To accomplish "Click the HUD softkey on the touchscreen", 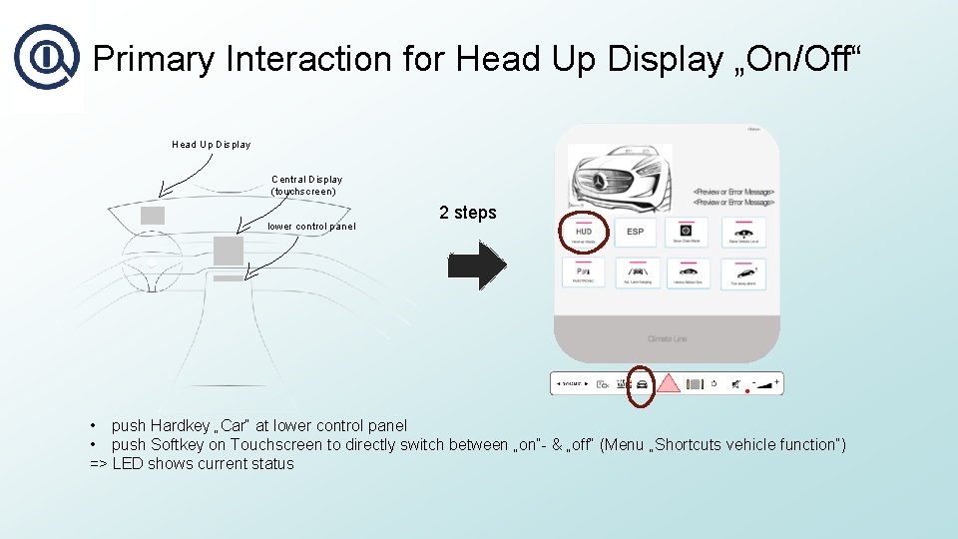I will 583,235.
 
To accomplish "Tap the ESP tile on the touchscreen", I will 635,235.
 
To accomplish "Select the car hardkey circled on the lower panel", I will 642,384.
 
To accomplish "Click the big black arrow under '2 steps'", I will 477,267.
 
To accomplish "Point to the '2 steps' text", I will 467,213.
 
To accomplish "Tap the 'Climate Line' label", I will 667,339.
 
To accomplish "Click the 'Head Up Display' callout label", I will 212,145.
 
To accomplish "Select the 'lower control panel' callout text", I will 311,227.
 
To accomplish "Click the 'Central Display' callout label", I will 306,185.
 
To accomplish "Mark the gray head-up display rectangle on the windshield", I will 153,215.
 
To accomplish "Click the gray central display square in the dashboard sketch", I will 228,250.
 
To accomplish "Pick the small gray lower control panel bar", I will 228,277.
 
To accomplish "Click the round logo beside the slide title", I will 45,57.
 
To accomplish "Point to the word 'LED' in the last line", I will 129,464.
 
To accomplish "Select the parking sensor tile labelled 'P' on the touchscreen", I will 583,272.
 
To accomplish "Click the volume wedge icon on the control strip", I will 765,383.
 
